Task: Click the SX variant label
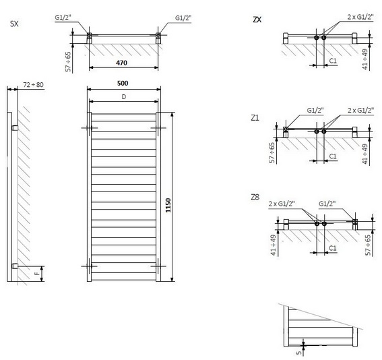pos(14,24)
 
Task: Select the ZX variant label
pos(257,20)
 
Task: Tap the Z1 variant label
pos(255,118)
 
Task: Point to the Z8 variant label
pos(255,197)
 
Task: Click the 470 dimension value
pos(121,63)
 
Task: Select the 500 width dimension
pos(123,84)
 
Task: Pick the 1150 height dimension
pos(168,205)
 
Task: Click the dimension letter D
pos(124,97)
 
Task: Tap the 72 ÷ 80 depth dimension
pos(33,84)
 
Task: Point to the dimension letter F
pos(37,274)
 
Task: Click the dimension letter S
pos(299,353)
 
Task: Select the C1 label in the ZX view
pos(333,61)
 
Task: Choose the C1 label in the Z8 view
pos(333,248)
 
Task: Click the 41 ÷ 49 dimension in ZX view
pos(364,59)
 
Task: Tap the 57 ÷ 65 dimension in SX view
pos(68,61)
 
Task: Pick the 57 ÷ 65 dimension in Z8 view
pos(368,245)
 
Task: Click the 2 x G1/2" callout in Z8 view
pos(282,204)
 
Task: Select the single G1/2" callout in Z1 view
pos(315,110)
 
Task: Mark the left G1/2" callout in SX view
pos(63,18)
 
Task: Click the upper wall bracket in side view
pos(15,128)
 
